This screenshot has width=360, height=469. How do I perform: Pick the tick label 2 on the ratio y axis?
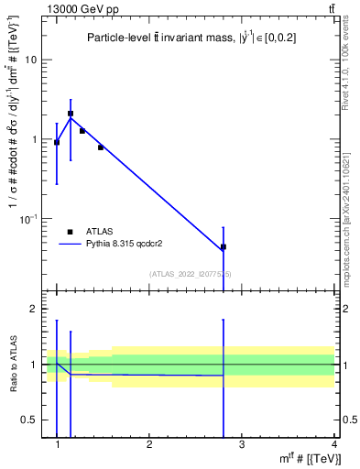pos(34,310)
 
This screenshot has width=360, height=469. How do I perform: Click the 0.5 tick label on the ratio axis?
pos(29,420)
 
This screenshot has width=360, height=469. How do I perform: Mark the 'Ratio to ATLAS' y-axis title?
pos(14,365)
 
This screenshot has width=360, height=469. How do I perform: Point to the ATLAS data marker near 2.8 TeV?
pos(223,247)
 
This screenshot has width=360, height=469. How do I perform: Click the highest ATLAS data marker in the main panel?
pos(71,114)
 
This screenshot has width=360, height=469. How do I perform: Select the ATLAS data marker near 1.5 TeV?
pos(101,147)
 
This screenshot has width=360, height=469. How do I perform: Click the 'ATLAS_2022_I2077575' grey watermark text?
pos(191,274)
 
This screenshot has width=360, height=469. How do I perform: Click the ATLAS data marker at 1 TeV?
pos(57,142)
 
